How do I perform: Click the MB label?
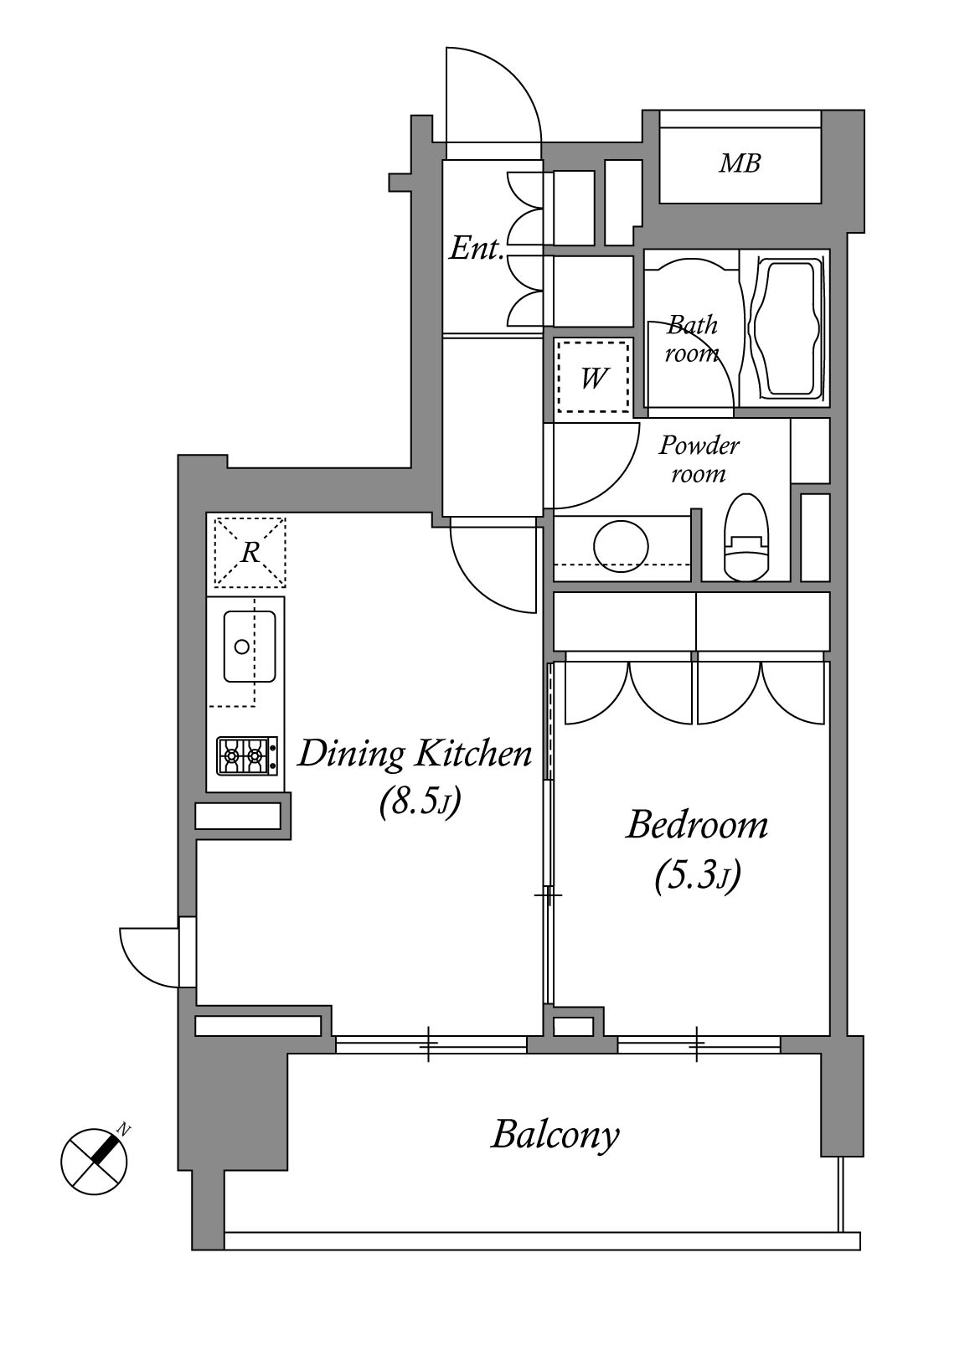(740, 163)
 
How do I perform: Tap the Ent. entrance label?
(477, 249)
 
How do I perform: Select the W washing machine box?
(592, 378)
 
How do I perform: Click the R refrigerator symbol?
(249, 552)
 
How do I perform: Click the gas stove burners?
(247, 755)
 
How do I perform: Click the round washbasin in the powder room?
(622, 545)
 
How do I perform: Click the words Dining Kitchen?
(415, 755)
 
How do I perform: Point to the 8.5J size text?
(420, 804)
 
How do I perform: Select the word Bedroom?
(697, 826)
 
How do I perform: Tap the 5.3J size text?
(698, 877)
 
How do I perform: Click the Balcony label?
(555, 1135)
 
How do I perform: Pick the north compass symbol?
(95, 1161)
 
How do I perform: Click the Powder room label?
(699, 459)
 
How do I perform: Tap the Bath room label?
(692, 339)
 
